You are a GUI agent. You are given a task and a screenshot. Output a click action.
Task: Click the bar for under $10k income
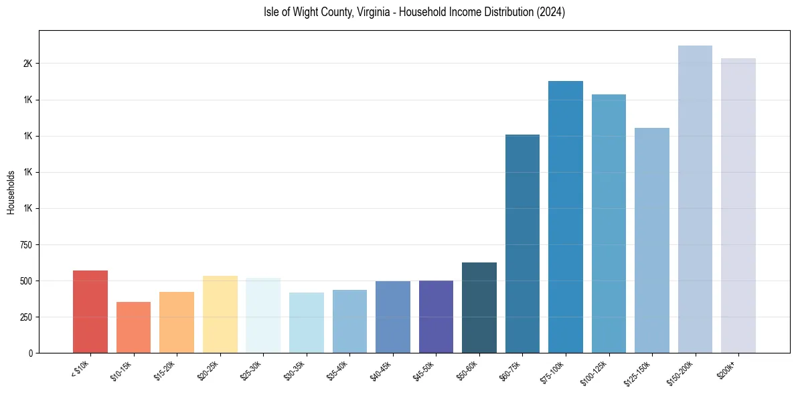(x=90, y=311)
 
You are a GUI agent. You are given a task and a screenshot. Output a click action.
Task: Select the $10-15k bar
(x=133, y=327)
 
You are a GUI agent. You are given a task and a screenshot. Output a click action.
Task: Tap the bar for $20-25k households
(x=220, y=314)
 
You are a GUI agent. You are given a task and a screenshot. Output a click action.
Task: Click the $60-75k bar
(x=522, y=244)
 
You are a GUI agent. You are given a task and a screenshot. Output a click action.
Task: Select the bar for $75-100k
(x=566, y=217)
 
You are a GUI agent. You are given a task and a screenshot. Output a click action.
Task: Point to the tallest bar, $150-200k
(x=695, y=199)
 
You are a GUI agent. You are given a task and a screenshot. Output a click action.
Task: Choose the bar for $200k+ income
(x=738, y=206)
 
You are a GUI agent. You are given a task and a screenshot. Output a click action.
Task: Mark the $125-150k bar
(x=652, y=240)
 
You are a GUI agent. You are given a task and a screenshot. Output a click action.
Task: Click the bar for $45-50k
(x=436, y=317)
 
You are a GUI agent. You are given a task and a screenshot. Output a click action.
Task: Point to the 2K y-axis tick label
(x=27, y=64)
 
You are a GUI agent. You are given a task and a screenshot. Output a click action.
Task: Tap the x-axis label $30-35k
(x=295, y=370)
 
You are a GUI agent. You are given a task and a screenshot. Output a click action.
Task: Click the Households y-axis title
(x=11, y=192)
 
